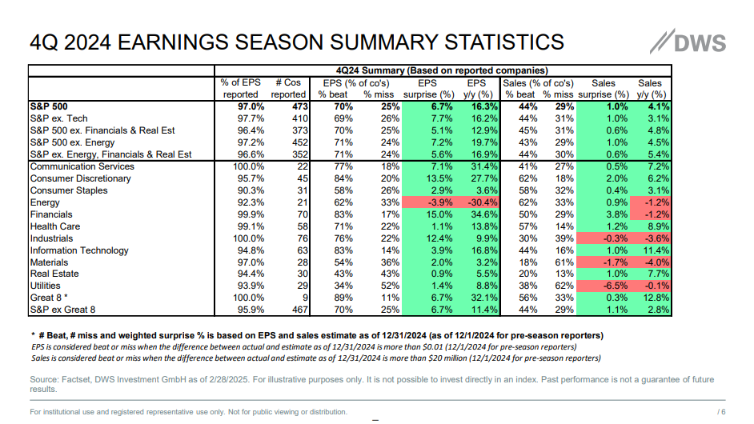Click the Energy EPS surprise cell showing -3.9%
point(431,202)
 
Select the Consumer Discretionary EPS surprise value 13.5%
point(431,178)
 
